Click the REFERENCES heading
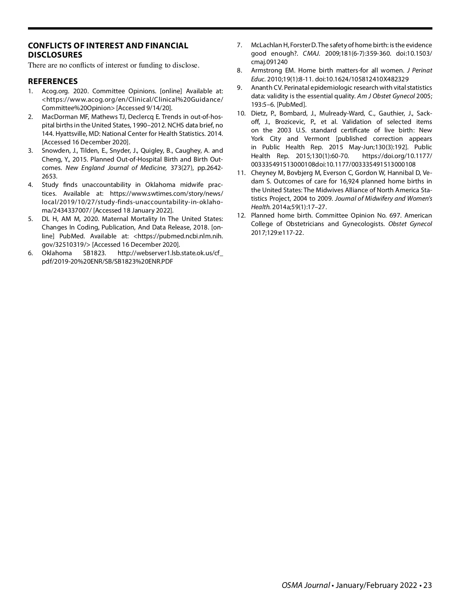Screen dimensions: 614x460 pos(53,81)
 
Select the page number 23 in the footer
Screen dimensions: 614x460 pos(428,585)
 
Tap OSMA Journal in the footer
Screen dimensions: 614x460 pos(306,585)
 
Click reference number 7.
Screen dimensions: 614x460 pos(239,45)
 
